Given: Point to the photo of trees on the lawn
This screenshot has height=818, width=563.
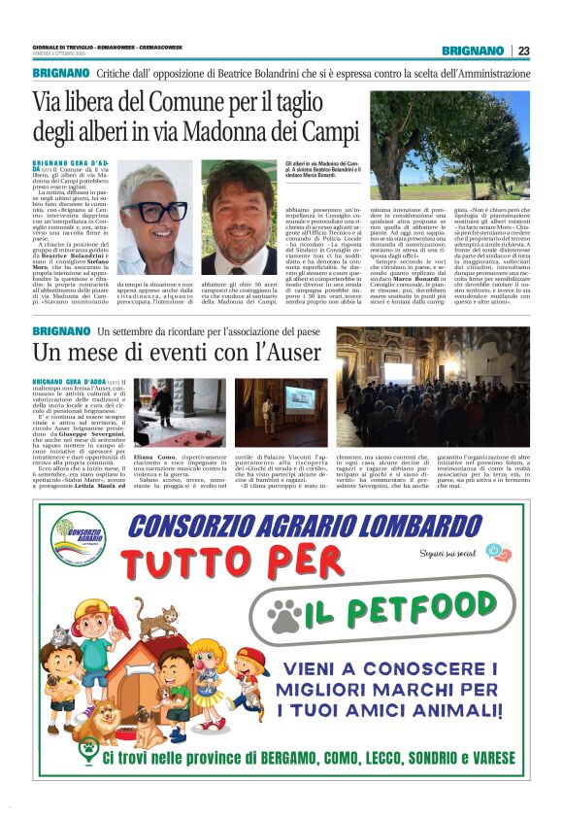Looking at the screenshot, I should click(449, 144).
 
